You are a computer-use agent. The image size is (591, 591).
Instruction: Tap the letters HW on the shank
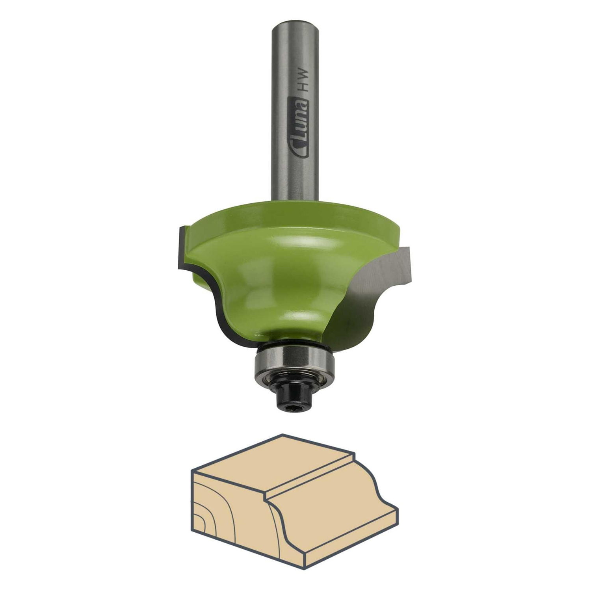[x=303, y=81]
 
